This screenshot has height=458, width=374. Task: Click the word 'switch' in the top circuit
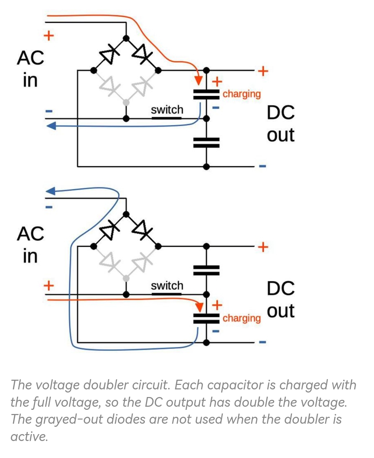167,110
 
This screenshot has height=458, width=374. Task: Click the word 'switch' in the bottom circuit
167,285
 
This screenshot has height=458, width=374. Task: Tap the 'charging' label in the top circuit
241,95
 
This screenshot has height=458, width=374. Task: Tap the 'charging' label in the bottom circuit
241,318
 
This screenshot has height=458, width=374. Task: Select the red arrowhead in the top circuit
198,80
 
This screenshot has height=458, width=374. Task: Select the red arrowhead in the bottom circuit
199,307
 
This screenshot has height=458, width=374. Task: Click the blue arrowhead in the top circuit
51,126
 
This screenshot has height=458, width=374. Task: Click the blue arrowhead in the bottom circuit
50,191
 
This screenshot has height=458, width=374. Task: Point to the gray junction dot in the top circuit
126,103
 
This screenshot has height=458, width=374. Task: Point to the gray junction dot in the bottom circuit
126,278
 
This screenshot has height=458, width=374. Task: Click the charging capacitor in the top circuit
206,95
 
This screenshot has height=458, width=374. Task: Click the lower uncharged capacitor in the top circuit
206,143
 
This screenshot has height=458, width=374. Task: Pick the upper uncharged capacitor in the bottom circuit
206,270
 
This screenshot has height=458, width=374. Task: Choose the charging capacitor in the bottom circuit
206,319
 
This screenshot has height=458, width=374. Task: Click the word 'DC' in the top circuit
280,113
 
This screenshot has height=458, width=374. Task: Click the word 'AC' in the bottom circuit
30,234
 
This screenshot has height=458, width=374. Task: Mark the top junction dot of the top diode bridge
126,38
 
